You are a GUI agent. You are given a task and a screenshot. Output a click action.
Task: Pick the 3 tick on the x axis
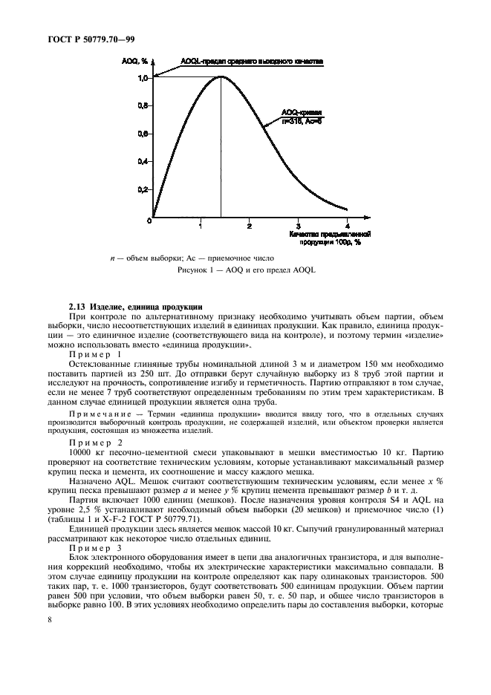tap(299, 225)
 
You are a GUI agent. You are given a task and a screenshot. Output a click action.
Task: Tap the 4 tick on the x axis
tap(348, 225)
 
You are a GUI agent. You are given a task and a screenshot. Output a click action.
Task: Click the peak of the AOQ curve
tap(221, 77)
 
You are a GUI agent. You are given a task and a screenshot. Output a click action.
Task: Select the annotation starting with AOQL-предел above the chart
tap(250, 62)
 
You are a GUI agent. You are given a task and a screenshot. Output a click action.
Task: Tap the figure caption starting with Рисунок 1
tap(245, 270)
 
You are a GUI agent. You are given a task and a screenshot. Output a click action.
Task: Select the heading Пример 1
tap(95, 355)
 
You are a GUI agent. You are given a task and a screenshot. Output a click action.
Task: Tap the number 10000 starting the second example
tap(81, 451)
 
